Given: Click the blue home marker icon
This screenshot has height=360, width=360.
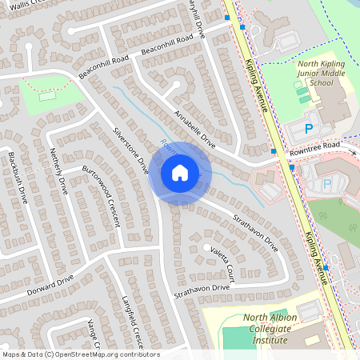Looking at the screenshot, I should tap(180, 173).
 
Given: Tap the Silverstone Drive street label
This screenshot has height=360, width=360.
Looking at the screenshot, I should tap(131, 150).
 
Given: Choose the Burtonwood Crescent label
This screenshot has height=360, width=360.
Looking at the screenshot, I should tap(101, 196).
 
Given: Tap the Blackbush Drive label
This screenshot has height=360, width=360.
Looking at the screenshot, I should tap(18, 177).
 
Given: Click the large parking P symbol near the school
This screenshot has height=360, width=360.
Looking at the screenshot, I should tap(309, 128).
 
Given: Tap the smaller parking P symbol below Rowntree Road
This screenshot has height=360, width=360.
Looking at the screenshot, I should tap(326, 183).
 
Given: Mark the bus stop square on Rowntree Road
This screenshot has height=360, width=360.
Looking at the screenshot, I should tap(274, 150).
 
